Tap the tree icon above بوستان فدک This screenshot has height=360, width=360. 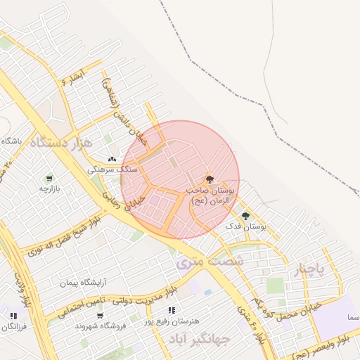click(x=245, y=216)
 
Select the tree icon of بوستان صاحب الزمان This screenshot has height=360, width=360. click(x=209, y=179)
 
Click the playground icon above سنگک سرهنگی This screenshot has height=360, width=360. click(x=112, y=160)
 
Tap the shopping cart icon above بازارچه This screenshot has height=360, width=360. click(x=49, y=179)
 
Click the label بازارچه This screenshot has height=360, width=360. click(x=50, y=188)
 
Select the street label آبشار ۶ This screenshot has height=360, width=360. click(x=72, y=76)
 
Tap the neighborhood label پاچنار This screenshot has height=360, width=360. click(x=311, y=270)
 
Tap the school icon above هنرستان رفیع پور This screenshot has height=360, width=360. click(x=172, y=310)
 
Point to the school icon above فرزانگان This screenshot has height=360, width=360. click(x=13, y=316)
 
